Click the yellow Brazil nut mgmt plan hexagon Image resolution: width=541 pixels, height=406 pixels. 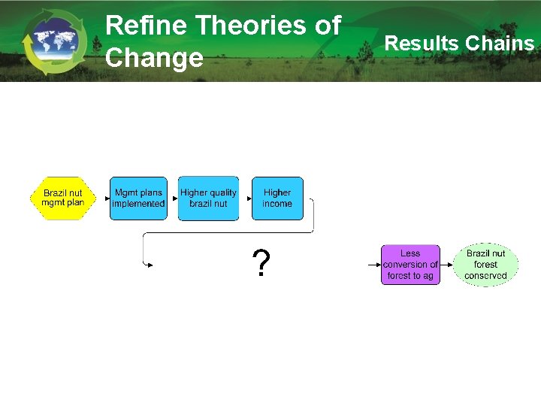(x=63, y=198)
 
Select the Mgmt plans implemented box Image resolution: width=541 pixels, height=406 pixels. (x=138, y=198)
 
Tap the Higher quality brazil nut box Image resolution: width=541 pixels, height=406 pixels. (x=208, y=198)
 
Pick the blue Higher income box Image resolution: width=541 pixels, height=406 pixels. (x=277, y=198)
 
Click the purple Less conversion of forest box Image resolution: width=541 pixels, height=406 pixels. (x=410, y=265)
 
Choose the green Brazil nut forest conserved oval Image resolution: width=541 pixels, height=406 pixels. (x=485, y=265)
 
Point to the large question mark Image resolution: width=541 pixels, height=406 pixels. (x=261, y=264)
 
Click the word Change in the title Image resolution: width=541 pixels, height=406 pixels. (x=154, y=57)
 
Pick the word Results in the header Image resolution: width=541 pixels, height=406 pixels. (x=422, y=44)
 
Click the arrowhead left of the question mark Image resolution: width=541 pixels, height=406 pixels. (x=150, y=265)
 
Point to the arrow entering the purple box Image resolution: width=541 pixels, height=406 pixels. (x=374, y=265)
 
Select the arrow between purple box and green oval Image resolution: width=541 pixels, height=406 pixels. (x=447, y=265)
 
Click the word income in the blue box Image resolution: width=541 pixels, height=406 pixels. (x=277, y=204)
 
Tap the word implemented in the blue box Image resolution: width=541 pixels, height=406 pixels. (x=138, y=204)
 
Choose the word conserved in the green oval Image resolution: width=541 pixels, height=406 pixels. (x=485, y=276)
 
